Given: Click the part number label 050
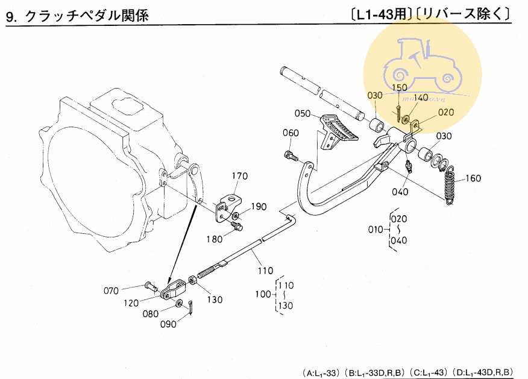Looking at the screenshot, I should point(303,113).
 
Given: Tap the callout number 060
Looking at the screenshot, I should point(291,133).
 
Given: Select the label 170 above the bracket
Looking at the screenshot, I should point(240,177).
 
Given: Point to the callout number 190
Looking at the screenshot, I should point(259,207).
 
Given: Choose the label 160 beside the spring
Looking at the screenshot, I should point(474,178).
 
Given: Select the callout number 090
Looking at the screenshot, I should point(168,324).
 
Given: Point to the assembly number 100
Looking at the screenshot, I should point(263,295).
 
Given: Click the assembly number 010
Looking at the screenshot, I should point(376,230).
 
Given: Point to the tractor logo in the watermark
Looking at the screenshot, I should point(421,64).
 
